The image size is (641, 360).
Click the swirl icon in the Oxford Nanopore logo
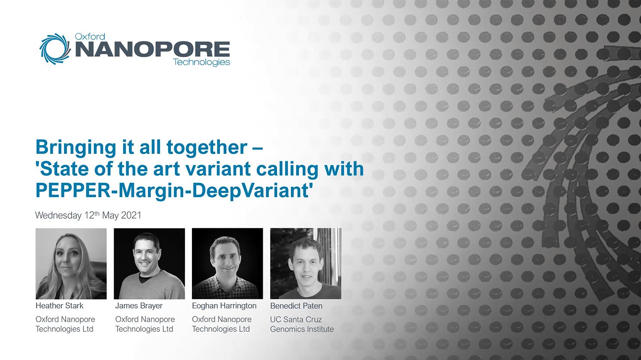tap(55, 49)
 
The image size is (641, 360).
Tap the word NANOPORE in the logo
tap(152, 49)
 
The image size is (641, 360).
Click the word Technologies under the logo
tap(201, 62)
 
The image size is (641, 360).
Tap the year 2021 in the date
tap(131, 215)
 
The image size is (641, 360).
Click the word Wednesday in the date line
tap(58, 215)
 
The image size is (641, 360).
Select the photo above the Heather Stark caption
tap(71, 264)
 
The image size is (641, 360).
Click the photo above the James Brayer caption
tap(149, 264)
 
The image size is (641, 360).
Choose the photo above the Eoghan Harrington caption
tap(227, 264)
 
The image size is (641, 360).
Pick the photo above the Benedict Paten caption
tap(306, 264)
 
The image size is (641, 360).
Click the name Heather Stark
tap(59, 306)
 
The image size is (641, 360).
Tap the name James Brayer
tap(139, 306)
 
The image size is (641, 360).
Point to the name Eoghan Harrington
tap(224, 306)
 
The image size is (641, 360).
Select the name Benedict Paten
tap(296, 306)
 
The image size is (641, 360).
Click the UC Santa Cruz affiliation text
tap(296, 319)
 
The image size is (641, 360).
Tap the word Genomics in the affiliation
tap(287, 329)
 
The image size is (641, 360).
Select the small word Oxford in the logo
tap(90, 37)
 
